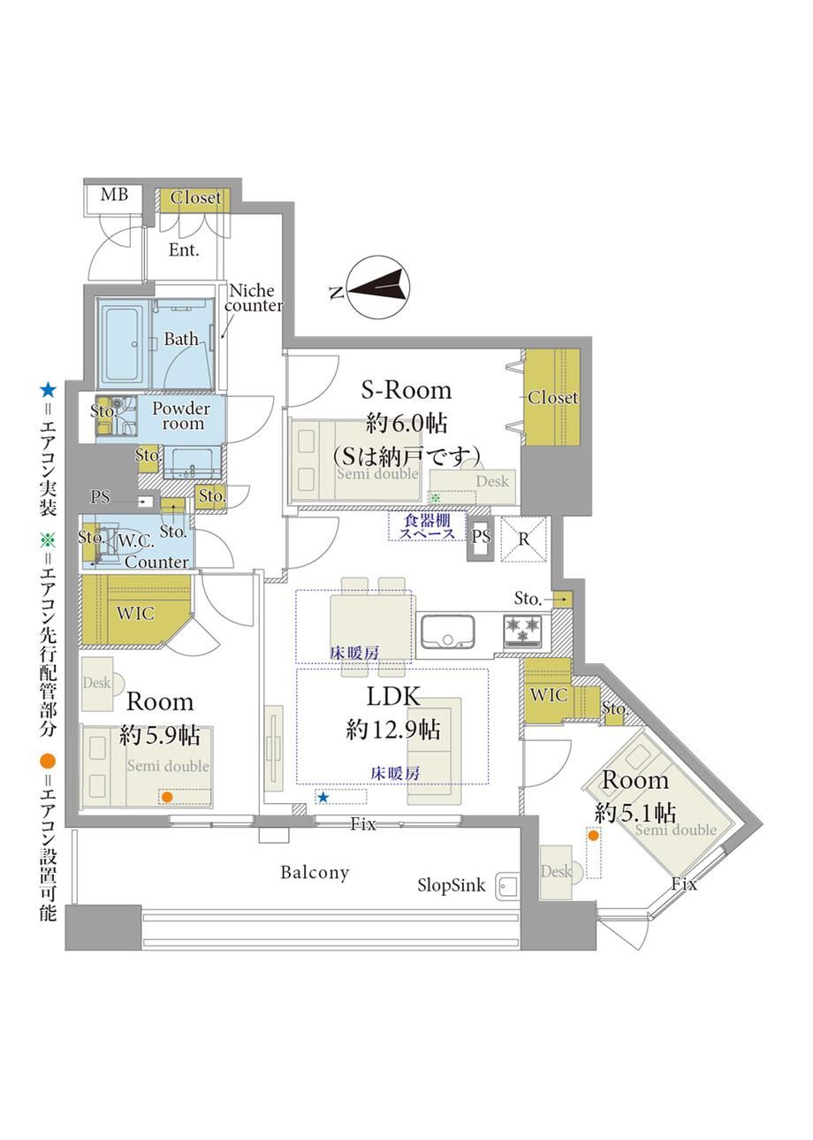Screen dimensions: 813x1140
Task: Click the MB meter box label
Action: click(x=114, y=195)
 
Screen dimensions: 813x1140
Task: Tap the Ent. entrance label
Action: click(x=184, y=250)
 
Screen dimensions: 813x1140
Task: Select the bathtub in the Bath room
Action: click(x=125, y=343)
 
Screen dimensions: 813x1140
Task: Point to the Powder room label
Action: click(x=181, y=416)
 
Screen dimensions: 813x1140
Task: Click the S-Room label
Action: click(x=406, y=390)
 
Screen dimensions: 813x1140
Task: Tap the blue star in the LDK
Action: click(x=323, y=797)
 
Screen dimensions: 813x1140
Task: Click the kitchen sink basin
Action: click(x=447, y=631)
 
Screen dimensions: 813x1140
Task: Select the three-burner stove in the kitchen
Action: click(x=523, y=631)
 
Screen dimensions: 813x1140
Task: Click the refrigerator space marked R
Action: click(x=523, y=539)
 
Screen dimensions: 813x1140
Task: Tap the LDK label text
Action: click(x=393, y=697)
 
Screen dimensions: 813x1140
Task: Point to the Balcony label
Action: click(x=315, y=873)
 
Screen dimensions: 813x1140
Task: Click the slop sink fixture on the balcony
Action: click(x=507, y=888)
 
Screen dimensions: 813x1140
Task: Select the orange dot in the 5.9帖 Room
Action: click(x=167, y=797)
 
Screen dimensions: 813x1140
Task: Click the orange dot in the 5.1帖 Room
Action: click(x=593, y=835)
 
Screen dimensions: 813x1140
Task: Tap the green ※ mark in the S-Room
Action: click(x=436, y=498)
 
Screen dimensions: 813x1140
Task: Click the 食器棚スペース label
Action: click(x=427, y=527)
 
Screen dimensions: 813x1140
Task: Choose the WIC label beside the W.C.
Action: click(x=135, y=613)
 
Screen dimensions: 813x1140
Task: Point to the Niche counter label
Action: click(x=254, y=298)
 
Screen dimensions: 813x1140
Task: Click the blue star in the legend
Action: click(x=48, y=390)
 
